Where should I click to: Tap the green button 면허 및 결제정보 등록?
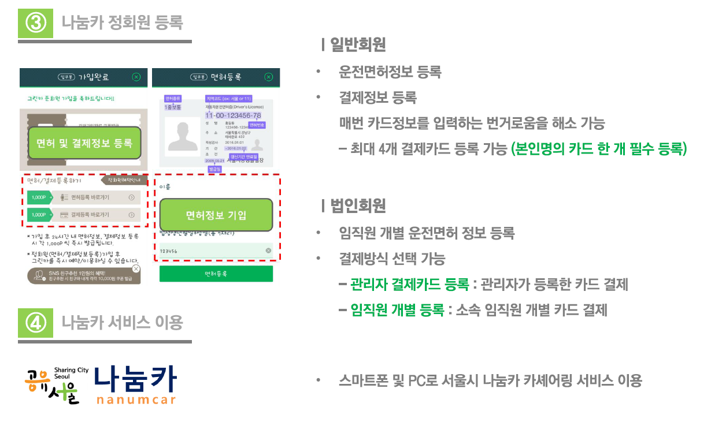click(84, 143)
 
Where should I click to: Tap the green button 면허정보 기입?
click(216, 215)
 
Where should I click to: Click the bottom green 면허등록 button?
click(216, 274)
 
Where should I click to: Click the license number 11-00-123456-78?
click(233, 115)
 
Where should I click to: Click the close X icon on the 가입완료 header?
click(136, 77)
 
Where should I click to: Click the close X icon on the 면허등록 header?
click(268, 77)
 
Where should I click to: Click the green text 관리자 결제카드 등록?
click(409, 284)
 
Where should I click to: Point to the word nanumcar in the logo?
click(136, 399)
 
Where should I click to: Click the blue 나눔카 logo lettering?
click(135, 379)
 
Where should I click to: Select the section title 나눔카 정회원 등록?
click(123, 23)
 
